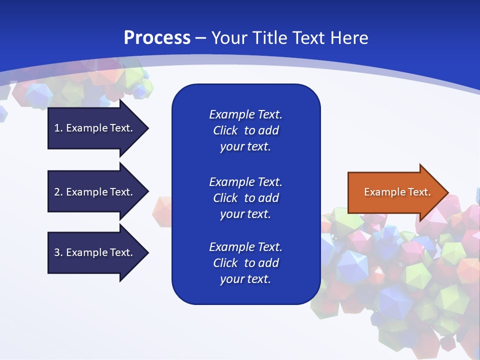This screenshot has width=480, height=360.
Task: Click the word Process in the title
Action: (x=157, y=38)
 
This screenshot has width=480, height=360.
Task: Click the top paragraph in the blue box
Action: (x=245, y=130)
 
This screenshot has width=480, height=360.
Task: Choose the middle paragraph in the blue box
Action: (x=245, y=198)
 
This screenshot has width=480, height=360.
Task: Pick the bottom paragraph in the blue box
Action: (x=245, y=263)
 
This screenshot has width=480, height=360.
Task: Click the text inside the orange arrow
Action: (x=397, y=192)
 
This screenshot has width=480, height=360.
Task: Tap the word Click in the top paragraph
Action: (x=225, y=130)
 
